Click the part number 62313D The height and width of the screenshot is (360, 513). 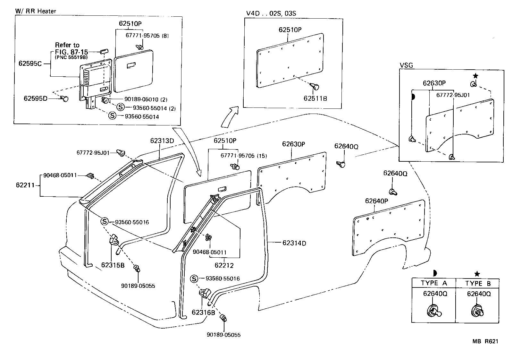pyautogui.click(x=162, y=141)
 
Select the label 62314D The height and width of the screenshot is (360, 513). pyautogui.click(x=294, y=243)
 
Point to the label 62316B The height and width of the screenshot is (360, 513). pyautogui.click(x=203, y=312)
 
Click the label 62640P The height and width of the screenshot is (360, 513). pyautogui.click(x=377, y=201)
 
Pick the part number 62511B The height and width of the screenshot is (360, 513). pyautogui.click(x=315, y=98)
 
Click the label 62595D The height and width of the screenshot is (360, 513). pyautogui.click(x=35, y=98)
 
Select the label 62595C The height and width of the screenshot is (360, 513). pyautogui.click(x=30, y=64)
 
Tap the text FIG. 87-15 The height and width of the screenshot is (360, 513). pyautogui.click(x=71, y=52)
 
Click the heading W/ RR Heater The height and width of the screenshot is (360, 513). pyautogui.click(x=36, y=11)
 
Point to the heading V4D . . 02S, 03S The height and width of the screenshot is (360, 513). pyautogui.click(x=271, y=13)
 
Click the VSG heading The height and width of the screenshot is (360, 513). pyautogui.click(x=406, y=65)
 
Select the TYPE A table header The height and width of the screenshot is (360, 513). pyautogui.click(x=433, y=283)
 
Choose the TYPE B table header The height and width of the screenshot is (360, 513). pyautogui.click(x=478, y=283)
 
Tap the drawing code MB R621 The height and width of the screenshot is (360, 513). pyautogui.click(x=485, y=342)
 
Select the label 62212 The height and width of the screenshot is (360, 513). pyautogui.click(x=224, y=265)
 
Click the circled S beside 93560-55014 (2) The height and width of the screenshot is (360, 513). pyautogui.click(x=121, y=107)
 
